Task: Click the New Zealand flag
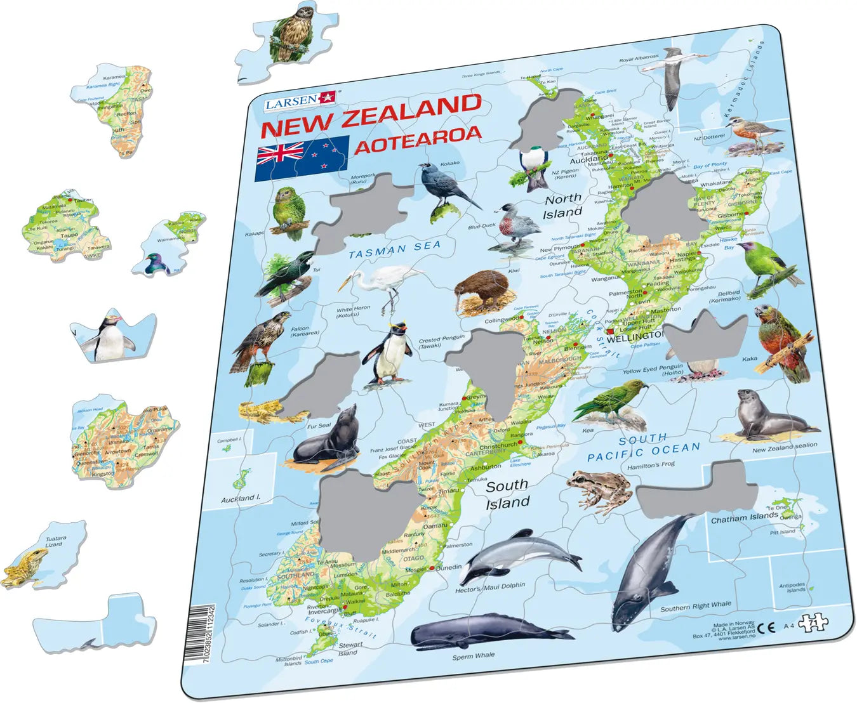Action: [x=302, y=159]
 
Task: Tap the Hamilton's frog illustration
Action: [x=599, y=490]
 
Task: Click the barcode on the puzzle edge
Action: [x=201, y=634]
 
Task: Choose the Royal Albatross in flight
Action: [x=672, y=79]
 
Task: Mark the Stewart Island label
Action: [x=349, y=648]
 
